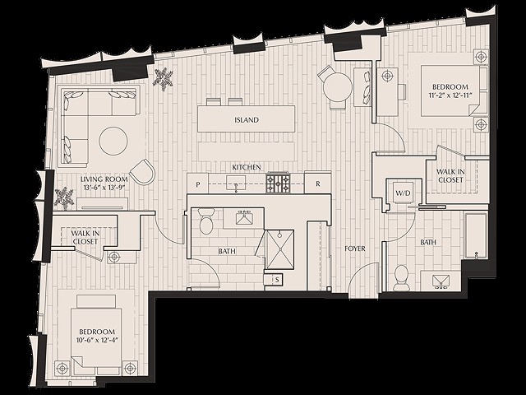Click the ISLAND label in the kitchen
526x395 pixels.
tap(246, 120)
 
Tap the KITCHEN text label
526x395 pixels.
tap(247, 167)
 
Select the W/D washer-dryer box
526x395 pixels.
tap(404, 193)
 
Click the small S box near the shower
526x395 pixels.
tap(278, 281)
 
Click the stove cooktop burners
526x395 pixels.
tap(278, 183)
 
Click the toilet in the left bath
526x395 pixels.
tap(206, 222)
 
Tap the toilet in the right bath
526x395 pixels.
tap(401, 277)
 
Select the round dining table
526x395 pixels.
tap(335, 86)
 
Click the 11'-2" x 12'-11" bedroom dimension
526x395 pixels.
tap(450, 96)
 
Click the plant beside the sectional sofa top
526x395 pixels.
tap(164, 80)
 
